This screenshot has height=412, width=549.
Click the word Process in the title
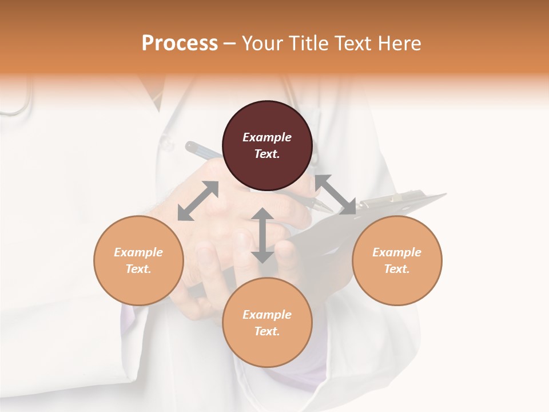pos(180,43)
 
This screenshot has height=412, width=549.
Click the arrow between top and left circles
pos(198,201)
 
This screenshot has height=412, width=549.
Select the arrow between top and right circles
pos(336,195)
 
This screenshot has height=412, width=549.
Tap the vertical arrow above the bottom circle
pos(262,235)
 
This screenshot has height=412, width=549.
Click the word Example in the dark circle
pos(267,137)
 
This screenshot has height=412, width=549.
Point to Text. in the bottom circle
pos(267,331)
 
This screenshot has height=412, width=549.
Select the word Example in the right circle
pos(397,252)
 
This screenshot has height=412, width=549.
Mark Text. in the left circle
pos(138,269)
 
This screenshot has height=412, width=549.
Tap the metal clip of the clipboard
pos(395,198)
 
